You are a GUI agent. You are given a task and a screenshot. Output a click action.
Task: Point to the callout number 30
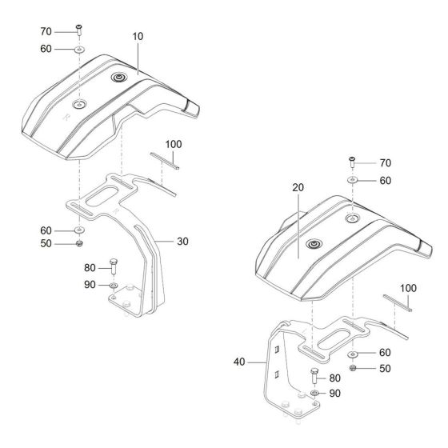[x=182, y=240]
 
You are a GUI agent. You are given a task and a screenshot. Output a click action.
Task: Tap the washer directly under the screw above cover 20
[x=351, y=180]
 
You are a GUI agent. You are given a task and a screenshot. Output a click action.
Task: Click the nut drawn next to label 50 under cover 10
[x=81, y=243]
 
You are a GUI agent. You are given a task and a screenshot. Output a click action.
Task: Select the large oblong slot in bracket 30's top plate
[x=107, y=196]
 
